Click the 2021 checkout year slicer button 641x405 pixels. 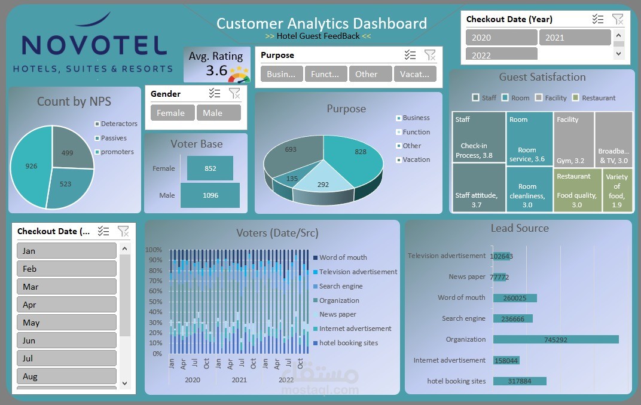pos(574,38)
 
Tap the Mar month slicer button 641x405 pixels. pos(66,287)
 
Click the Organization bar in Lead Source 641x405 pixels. pos(555,339)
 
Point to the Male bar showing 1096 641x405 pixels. pos(210,195)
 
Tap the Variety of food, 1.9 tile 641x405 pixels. pos(616,191)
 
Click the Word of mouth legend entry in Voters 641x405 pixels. pos(343,257)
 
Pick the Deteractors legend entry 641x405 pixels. pos(118,124)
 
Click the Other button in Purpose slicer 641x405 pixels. pos(366,75)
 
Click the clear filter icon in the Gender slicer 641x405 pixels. pos(234,93)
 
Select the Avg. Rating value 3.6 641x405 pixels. pos(216,71)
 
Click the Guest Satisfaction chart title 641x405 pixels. pos(542,77)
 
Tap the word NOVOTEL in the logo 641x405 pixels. pos(94,45)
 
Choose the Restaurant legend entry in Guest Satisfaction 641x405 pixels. pos(598,98)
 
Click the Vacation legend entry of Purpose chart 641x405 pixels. pos(416,159)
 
